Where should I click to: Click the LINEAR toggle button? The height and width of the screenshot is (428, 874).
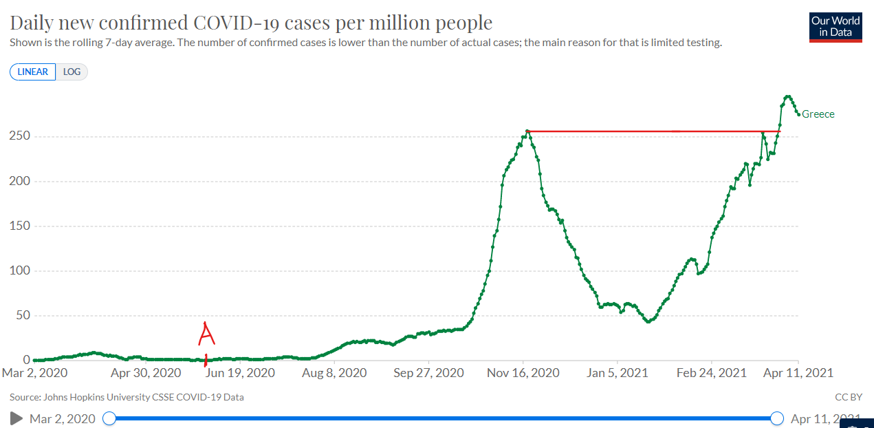33,72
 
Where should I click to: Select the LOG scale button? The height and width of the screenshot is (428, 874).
72,72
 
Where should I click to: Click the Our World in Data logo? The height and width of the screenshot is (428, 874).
835,27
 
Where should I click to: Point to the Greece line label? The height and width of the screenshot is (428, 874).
818,114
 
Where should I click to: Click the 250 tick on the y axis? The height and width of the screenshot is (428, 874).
19,136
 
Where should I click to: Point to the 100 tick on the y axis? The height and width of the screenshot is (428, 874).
19,270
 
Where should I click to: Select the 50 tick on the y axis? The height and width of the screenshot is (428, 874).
21,316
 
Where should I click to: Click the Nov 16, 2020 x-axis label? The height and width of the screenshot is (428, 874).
523,373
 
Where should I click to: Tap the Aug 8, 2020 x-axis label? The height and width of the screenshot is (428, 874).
334,373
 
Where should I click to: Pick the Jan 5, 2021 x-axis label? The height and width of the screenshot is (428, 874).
618,373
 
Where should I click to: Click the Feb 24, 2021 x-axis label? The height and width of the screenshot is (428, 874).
712,373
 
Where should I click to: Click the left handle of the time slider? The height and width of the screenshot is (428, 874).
109,418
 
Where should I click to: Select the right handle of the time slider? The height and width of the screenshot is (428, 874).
777,418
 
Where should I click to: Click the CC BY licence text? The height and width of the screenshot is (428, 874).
849,397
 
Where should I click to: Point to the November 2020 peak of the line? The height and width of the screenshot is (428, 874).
527,131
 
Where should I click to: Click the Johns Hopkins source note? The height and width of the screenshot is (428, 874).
127,397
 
